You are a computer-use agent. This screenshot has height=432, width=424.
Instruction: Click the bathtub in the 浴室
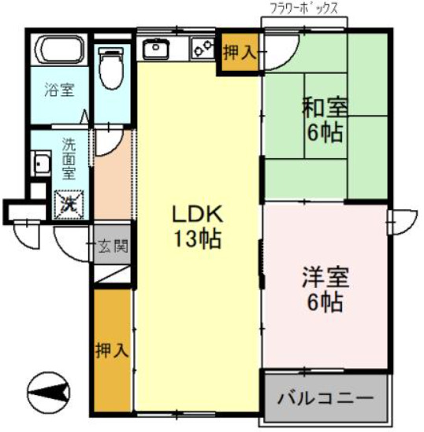58,51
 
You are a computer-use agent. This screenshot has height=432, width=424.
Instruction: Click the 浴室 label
59,90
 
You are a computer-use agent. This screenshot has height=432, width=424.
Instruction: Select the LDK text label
199,214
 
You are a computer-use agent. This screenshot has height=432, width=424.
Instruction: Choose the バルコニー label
325,398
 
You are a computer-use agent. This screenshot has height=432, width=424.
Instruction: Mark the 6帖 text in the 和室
325,132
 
